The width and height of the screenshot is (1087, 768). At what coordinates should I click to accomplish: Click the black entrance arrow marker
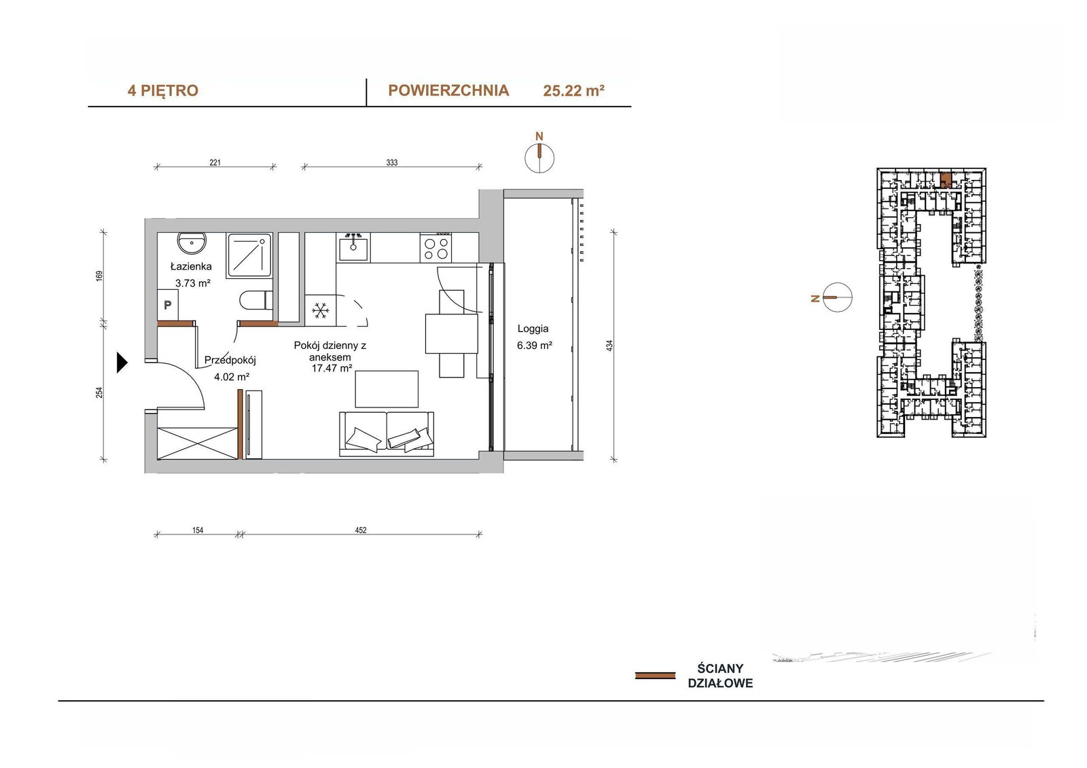pyautogui.click(x=122, y=363)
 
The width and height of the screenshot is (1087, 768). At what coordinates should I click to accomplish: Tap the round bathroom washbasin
pyautogui.click(x=192, y=242)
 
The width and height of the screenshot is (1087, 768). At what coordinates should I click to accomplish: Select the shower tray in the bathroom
pyautogui.click(x=249, y=255)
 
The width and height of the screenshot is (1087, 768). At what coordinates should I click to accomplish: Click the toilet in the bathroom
pyautogui.click(x=255, y=300)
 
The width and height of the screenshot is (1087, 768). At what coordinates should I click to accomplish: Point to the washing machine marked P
pyautogui.click(x=167, y=305)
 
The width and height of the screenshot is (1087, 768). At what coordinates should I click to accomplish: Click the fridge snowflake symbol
pyautogui.click(x=320, y=310)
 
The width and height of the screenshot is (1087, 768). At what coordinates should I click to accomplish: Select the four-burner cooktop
pyautogui.click(x=435, y=247)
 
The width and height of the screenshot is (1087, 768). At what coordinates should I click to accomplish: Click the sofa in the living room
pyautogui.click(x=387, y=434)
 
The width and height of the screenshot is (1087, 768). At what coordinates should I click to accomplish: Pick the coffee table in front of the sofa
pyautogui.click(x=387, y=389)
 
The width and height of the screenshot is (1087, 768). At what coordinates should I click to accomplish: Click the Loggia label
pyautogui.click(x=533, y=329)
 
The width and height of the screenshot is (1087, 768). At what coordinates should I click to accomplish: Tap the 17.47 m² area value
pyautogui.click(x=332, y=368)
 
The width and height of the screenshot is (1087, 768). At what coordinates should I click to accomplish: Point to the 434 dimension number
pyautogui.click(x=610, y=346)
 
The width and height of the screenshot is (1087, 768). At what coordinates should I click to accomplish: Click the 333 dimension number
pyautogui.click(x=391, y=162)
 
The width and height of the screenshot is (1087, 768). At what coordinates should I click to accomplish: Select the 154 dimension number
pyautogui.click(x=198, y=530)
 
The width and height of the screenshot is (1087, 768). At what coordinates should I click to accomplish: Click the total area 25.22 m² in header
pyautogui.click(x=573, y=91)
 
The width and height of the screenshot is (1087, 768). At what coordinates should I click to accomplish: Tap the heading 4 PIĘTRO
pyautogui.click(x=162, y=91)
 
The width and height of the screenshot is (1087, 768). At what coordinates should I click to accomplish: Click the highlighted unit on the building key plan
pyautogui.click(x=945, y=181)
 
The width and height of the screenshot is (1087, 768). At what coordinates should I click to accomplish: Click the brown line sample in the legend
pyautogui.click(x=655, y=676)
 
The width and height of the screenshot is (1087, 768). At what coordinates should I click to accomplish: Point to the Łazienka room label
pyautogui.click(x=191, y=266)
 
